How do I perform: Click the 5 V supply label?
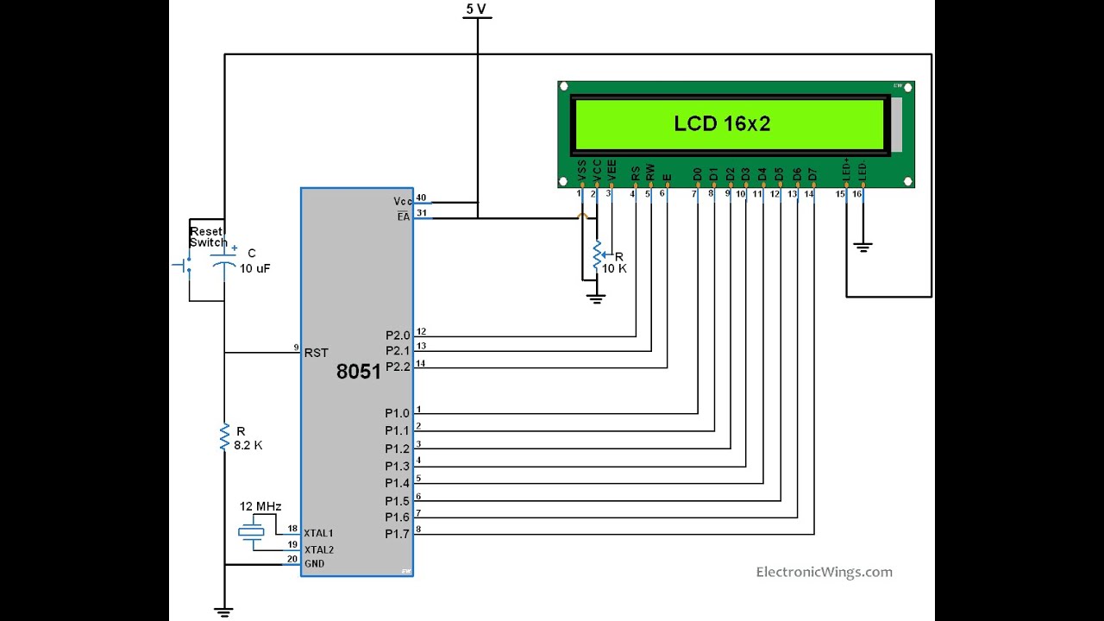476,9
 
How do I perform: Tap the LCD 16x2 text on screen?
722,124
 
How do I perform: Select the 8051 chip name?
358,372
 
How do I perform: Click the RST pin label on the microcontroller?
316,352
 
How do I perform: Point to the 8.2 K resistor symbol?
224,436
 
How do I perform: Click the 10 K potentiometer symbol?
596,255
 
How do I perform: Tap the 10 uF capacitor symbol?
224,265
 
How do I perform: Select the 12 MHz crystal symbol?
251,532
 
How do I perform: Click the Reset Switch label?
208,237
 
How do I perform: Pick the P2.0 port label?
398,336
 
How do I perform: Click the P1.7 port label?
397,534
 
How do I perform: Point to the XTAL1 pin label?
318,533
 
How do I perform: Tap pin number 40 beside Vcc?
421,198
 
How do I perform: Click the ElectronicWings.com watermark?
824,572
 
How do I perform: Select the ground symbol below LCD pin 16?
862,248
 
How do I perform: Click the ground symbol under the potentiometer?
595,298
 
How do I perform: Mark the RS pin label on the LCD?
636,173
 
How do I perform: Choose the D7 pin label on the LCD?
812,174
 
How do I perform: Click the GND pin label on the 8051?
314,563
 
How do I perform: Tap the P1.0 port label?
397,414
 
